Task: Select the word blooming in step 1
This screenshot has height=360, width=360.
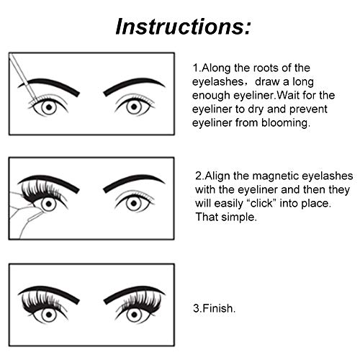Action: (x=284, y=123)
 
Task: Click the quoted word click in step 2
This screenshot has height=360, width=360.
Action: (x=261, y=204)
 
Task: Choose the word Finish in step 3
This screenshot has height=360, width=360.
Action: (x=217, y=308)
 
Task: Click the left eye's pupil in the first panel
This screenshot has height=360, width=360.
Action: (x=49, y=107)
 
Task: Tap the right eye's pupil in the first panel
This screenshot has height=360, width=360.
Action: (x=134, y=107)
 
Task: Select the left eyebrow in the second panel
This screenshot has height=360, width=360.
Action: (x=48, y=183)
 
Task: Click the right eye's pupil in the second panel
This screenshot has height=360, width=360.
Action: (x=134, y=204)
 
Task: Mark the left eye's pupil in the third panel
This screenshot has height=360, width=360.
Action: (x=49, y=315)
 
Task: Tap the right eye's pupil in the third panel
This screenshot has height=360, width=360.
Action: (x=134, y=314)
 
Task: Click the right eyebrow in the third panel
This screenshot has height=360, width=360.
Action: (x=134, y=293)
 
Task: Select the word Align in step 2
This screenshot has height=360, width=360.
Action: (x=217, y=176)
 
